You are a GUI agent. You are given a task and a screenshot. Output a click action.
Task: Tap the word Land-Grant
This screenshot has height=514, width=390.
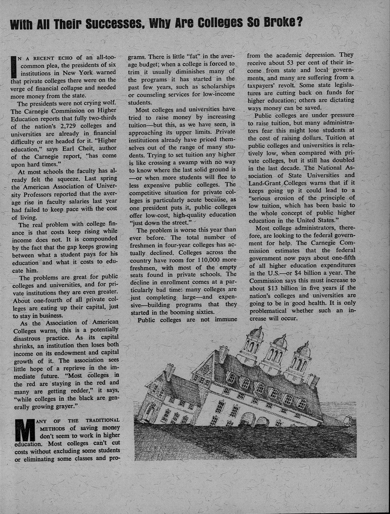(x=265, y=183)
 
